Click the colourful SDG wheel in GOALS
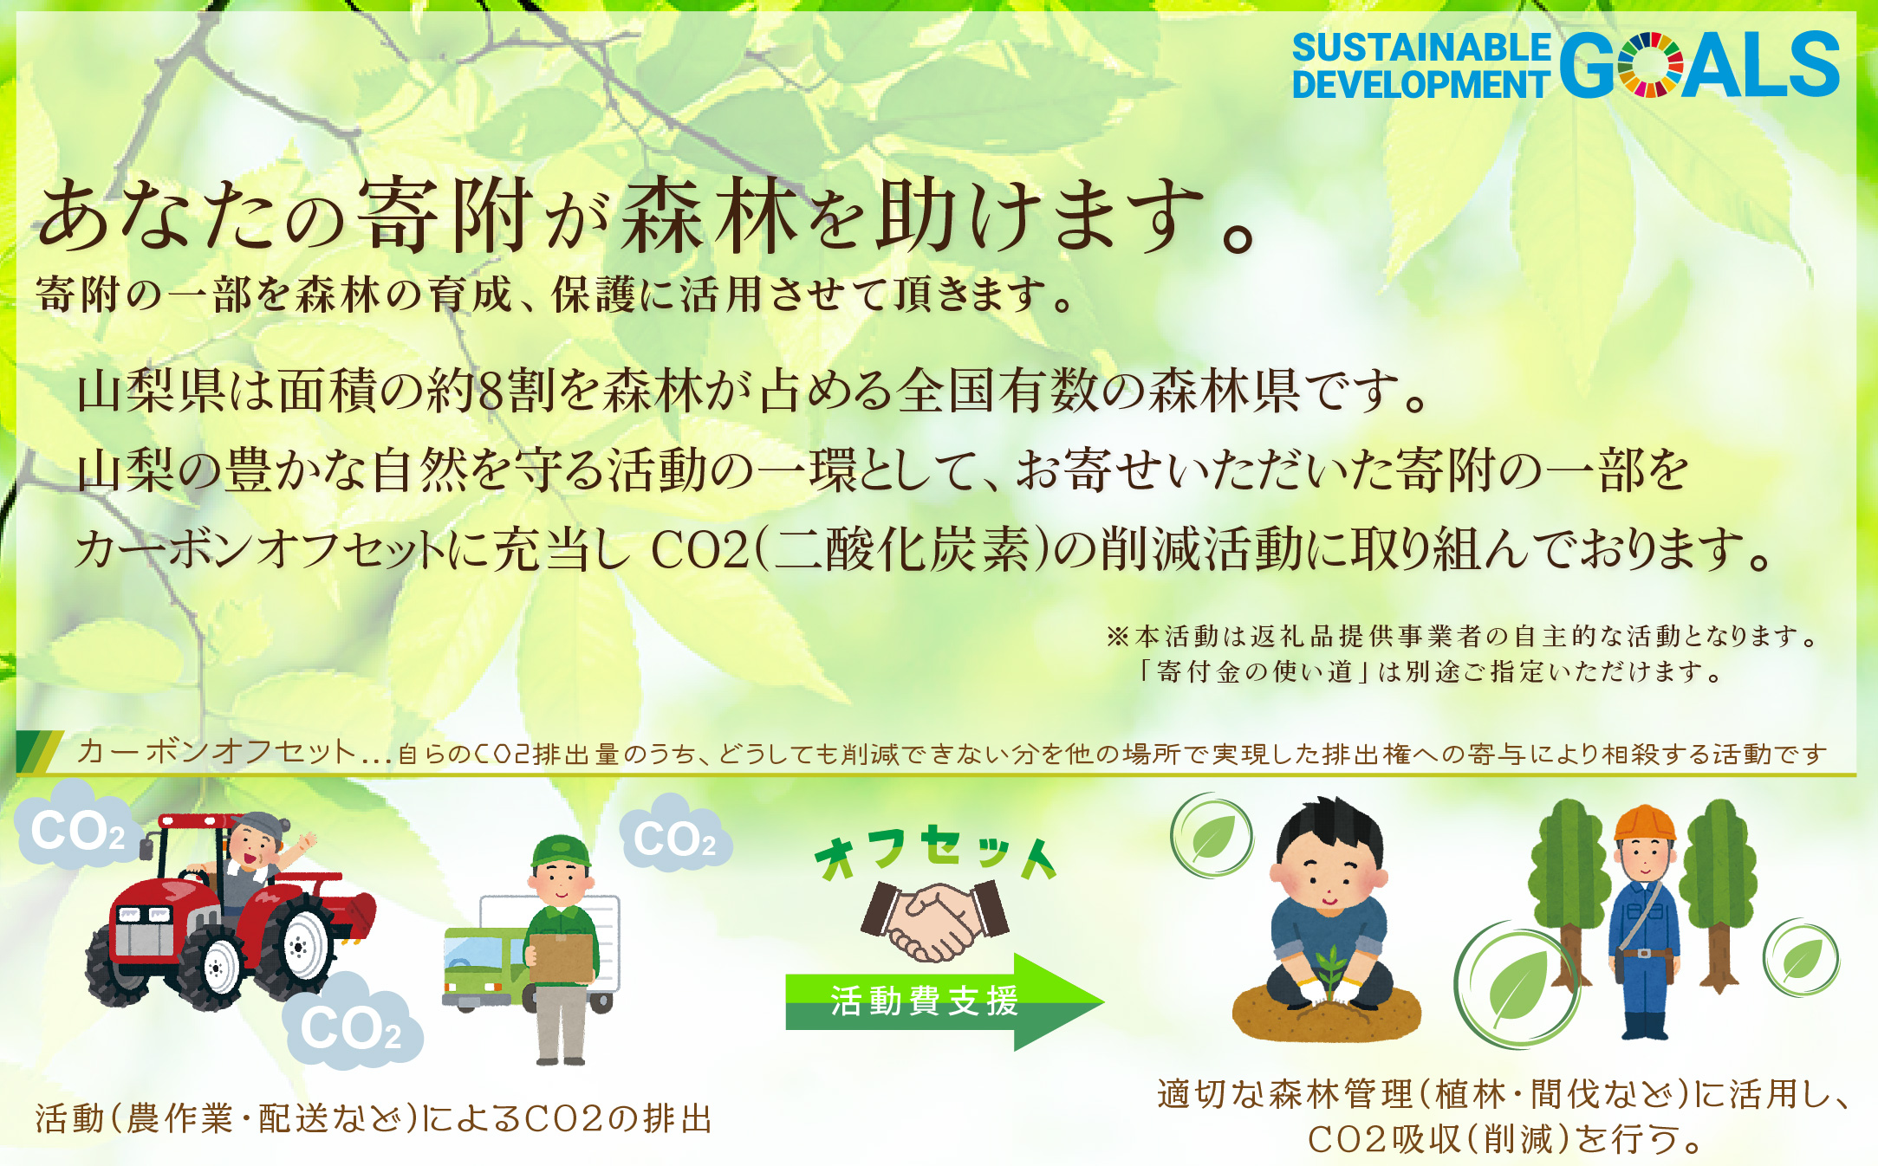pos(1650,65)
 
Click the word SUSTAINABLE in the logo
pos(1421,48)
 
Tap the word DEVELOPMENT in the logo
pos(1420,85)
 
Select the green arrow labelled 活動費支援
pos(945,1001)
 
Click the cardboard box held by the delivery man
pos(561,957)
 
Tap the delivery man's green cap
pos(562,851)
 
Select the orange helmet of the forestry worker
pos(1644,822)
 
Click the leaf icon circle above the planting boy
pos(1212,835)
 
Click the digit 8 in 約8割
pos(491,392)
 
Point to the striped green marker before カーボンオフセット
pos(38,751)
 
